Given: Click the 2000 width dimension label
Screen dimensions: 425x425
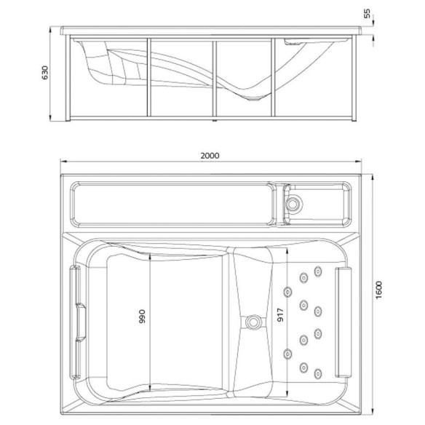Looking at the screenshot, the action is point(210,156).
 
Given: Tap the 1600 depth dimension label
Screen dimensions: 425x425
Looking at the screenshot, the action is point(379,290).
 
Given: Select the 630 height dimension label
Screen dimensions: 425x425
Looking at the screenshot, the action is point(44,72).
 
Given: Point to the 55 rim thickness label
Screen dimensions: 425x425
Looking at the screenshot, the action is point(367,13).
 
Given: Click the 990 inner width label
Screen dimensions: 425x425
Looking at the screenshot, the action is point(142,317).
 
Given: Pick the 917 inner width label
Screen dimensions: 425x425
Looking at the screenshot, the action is point(280,315).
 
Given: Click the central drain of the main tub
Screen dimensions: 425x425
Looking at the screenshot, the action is point(253,322).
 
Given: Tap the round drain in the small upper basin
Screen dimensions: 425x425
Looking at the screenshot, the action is point(293,203).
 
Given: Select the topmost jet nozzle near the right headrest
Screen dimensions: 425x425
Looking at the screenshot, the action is point(318,271).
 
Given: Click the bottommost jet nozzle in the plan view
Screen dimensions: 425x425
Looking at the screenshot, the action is point(318,374).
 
